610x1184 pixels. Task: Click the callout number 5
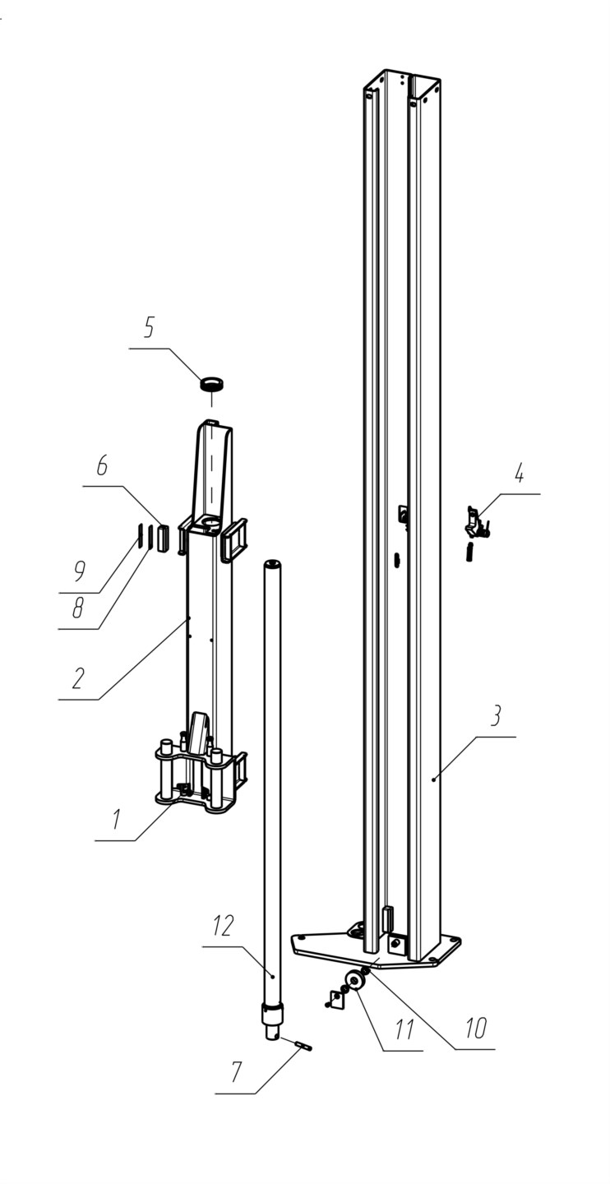click(x=149, y=328)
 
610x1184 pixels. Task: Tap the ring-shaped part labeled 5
click(x=212, y=384)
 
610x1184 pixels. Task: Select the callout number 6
click(x=101, y=465)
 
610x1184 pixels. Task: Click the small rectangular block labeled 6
click(x=161, y=538)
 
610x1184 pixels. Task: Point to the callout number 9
click(x=79, y=571)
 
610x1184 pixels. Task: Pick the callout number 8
click(x=78, y=608)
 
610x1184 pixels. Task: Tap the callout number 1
click(x=116, y=820)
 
